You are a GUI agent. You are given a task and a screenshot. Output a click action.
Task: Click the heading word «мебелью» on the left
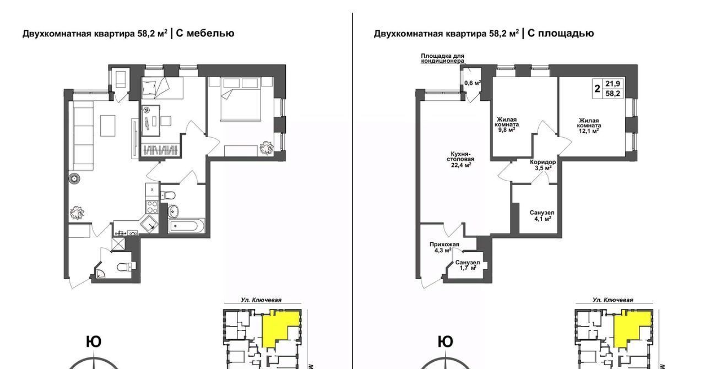click(210, 34)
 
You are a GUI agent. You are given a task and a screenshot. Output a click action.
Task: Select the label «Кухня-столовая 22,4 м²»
click(460, 159)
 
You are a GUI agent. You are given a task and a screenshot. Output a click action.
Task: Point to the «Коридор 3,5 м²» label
click(543, 165)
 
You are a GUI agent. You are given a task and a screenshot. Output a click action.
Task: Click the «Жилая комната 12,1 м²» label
click(589, 126)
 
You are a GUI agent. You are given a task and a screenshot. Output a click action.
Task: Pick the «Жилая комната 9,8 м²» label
click(507, 124)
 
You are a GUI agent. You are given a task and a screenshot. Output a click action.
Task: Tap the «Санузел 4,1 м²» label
click(542, 216)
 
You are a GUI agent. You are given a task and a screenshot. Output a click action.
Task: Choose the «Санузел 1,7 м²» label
click(468, 265)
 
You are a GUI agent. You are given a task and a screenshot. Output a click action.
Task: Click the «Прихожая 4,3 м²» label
click(444, 247)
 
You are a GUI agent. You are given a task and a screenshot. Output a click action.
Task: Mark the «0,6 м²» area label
click(473, 83)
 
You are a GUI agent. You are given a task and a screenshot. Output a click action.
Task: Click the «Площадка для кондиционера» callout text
click(442, 58)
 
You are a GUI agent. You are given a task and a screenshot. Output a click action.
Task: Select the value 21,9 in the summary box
click(612, 84)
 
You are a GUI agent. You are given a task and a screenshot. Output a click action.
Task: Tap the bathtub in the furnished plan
click(186, 226)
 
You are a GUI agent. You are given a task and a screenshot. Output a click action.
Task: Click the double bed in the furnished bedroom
click(241, 100)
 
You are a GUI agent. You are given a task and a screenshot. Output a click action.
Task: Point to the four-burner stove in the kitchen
click(152, 207)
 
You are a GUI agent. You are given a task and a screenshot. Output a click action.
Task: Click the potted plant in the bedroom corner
click(267, 148)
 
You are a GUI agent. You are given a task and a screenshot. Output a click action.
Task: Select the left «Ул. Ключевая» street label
click(261, 300)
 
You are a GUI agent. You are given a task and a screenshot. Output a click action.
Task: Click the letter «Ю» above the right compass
click(446, 342)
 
